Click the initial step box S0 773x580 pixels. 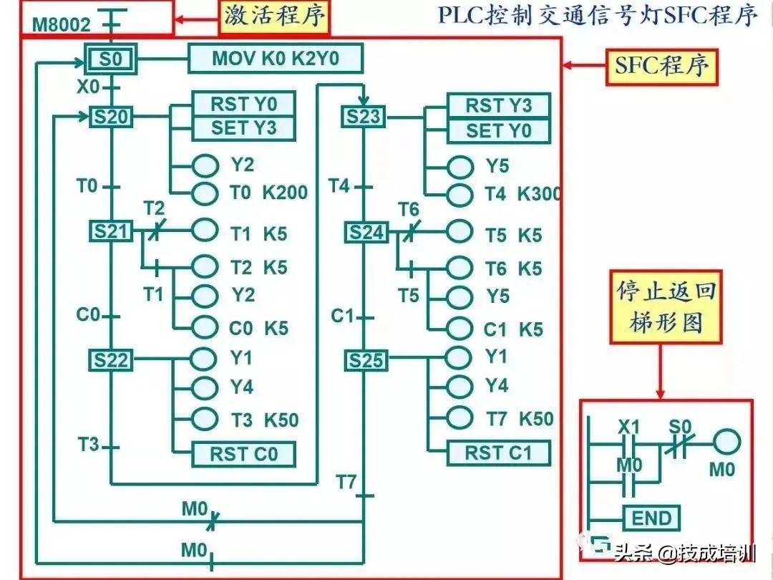tap(110, 59)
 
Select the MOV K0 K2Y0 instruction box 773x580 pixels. tap(276, 58)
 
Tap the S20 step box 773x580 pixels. tap(111, 117)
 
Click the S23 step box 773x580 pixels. tap(364, 117)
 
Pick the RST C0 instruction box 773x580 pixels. tap(244, 454)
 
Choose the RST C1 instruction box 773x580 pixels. tap(498, 453)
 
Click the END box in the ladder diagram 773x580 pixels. tap(652, 518)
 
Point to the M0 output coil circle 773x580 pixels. tap(727, 441)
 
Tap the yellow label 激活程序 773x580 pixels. tap(274, 17)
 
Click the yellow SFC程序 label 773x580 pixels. tap(661, 67)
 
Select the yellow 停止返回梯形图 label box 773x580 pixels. tap(666, 306)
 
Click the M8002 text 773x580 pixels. tap(62, 24)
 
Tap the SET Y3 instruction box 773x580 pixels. tap(243, 128)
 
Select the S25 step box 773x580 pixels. tap(366, 360)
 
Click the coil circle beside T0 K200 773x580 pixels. tap(205, 193)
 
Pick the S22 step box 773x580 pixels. tap(111, 360)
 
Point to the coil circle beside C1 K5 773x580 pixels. tap(460, 329)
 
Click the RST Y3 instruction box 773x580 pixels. tap(498, 105)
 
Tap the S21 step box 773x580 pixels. tap(111, 231)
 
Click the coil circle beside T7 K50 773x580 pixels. tap(460, 418)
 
